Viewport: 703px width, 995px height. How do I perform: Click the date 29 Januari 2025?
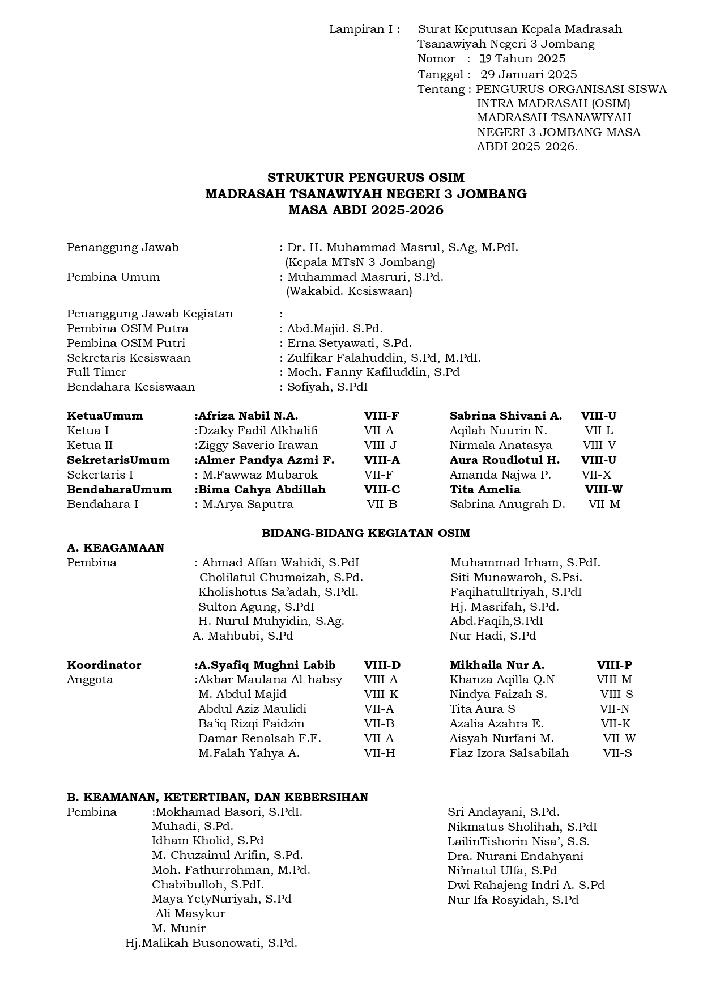(x=529, y=74)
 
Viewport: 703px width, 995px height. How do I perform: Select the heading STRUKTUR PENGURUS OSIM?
(x=366, y=178)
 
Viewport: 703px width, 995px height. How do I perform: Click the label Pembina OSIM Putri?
(x=126, y=343)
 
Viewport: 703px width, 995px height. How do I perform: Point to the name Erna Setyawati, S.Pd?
(x=350, y=343)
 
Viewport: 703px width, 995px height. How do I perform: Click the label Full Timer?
(x=97, y=372)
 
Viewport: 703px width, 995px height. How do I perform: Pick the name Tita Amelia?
(x=485, y=489)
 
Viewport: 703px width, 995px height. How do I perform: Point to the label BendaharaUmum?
(x=120, y=489)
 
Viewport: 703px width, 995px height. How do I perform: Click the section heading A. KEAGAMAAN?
(x=116, y=548)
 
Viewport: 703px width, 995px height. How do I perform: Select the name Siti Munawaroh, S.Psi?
(x=516, y=577)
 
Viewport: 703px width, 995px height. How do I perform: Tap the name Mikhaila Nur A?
(x=497, y=665)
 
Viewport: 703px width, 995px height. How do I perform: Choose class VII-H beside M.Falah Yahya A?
(x=380, y=753)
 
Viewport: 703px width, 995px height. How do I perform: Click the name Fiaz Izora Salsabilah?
(x=509, y=753)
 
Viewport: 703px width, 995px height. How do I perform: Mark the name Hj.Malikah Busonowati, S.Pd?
(x=211, y=943)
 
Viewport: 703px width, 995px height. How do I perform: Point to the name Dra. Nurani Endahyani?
(x=515, y=856)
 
